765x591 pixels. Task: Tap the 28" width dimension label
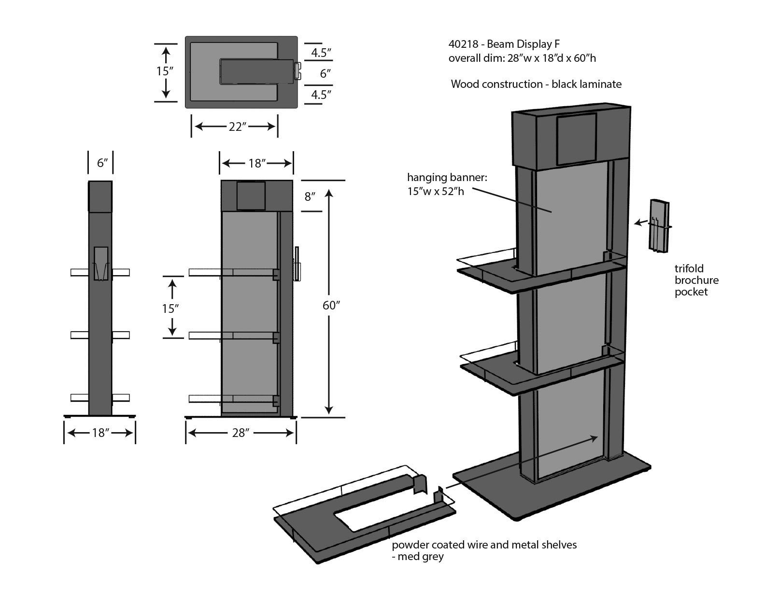pyautogui.click(x=240, y=433)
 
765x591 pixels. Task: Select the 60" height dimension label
pyautogui.click(x=331, y=305)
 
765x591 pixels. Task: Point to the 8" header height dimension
pyautogui.click(x=310, y=197)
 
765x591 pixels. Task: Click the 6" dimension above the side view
pyautogui.click(x=101, y=163)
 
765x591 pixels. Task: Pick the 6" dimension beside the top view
pyautogui.click(x=326, y=73)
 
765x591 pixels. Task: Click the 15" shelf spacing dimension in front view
pyautogui.click(x=170, y=308)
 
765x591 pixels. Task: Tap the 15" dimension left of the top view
pyautogui.click(x=165, y=71)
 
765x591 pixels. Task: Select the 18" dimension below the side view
pyautogui.click(x=99, y=433)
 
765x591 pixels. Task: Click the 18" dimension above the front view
pyautogui.click(x=257, y=163)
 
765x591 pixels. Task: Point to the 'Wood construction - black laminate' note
pyautogui.click(x=536, y=84)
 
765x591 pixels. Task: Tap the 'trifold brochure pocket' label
pyautogui.click(x=696, y=280)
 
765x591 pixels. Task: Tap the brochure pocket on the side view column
pyautogui.click(x=100, y=264)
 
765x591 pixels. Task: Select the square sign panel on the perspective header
pyautogui.click(x=577, y=139)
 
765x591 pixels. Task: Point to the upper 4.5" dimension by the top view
pyautogui.click(x=321, y=53)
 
